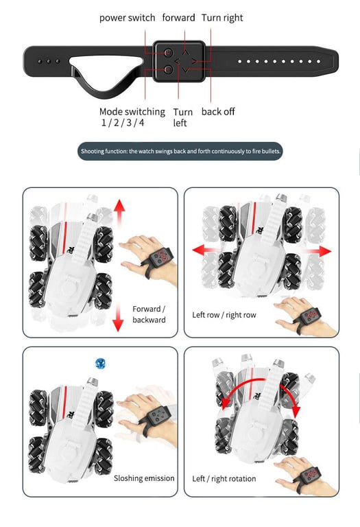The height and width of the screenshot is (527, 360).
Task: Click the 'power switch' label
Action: pos(128,18)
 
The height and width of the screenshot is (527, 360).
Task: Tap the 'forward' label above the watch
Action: pos(178,17)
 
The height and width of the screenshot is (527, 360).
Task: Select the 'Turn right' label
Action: pos(222,18)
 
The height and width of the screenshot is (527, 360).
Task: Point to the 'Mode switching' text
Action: pos(132,112)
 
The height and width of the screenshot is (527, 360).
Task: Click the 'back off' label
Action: pos(218,112)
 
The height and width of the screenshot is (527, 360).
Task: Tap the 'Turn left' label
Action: pos(182,117)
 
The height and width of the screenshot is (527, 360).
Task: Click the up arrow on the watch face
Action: pos(185,52)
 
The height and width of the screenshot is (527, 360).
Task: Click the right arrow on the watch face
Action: pos(194,61)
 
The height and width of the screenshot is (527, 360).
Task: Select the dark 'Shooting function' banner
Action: pos(180,151)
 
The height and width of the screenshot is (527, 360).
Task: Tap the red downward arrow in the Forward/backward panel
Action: pos(118,316)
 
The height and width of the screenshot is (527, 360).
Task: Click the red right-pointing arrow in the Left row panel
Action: pos(317,251)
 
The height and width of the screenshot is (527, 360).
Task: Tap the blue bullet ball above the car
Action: pos(100,363)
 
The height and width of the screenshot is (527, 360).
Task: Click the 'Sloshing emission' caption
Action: pos(144,478)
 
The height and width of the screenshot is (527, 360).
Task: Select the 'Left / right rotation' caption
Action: pos(224,478)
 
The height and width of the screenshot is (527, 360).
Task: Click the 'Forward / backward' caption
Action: pos(149,314)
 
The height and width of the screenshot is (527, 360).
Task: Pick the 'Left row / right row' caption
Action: pos(224,315)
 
